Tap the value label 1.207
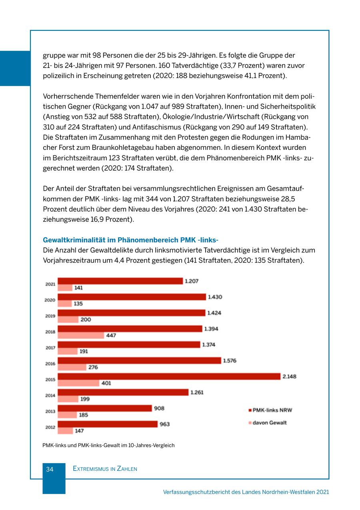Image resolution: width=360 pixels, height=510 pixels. (x=192, y=281)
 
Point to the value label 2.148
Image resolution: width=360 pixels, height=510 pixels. (x=290, y=377)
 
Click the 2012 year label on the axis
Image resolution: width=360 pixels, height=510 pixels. (x=50, y=427)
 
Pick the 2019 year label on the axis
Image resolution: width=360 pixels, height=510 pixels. (x=50, y=316)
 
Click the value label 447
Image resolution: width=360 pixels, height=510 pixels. (x=111, y=335)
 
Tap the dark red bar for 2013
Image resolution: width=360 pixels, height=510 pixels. (x=105, y=408)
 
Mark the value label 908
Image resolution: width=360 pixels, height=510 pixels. (x=159, y=408)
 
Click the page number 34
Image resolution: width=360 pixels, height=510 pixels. (x=50, y=469)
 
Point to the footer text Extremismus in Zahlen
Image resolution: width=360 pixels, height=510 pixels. (x=105, y=469)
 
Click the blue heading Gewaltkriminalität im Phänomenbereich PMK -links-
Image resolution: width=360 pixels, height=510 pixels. (x=130, y=240)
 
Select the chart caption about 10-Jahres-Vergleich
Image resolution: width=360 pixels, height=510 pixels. (x=108, y=445)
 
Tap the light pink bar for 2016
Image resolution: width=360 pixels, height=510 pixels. (x=72, y=367)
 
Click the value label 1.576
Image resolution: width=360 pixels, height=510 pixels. (x=230, y=361)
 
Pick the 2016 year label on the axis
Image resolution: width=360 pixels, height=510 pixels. (x=50, y=364)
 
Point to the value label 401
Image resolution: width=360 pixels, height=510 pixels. (x=106, y=383)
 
